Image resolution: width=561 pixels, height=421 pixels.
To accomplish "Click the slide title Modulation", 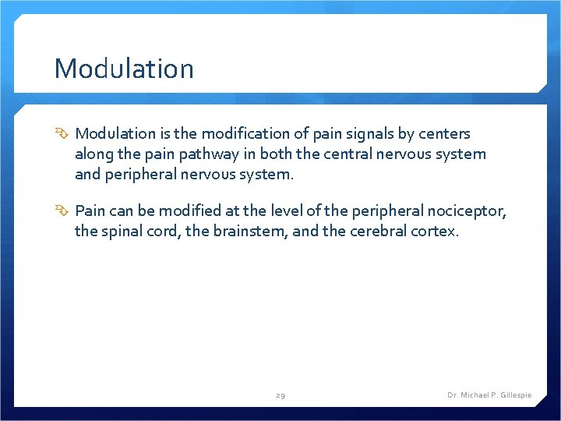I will click(123, 69).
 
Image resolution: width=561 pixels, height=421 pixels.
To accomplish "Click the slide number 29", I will click(280, 395).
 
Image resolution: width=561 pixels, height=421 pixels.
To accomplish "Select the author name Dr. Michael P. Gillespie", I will click(489, 395).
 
